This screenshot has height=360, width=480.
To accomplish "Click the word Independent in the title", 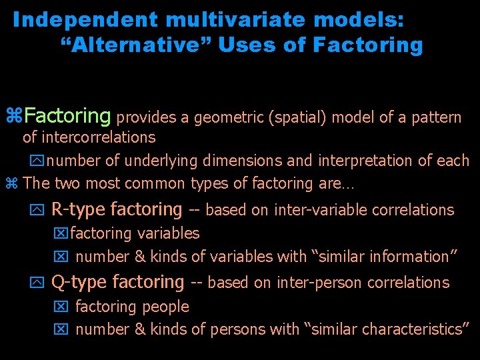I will tap(70, 20).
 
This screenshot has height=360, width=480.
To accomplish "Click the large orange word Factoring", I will tap(67, 117).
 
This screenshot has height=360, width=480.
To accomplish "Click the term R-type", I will tap(78, 210).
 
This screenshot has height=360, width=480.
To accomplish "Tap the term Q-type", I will tap(79, 283).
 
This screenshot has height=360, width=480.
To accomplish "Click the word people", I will tap(167, 307).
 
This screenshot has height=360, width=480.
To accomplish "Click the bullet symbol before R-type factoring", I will tap(37, 211).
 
